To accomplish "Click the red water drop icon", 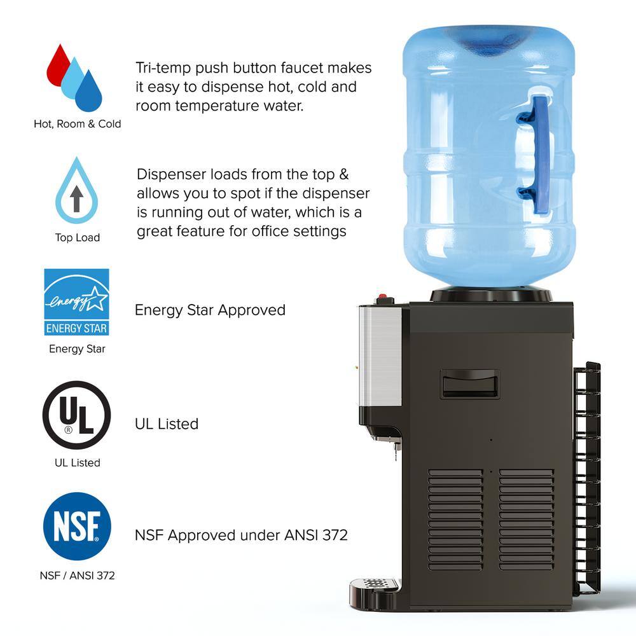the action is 58,67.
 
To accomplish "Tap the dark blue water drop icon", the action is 88,93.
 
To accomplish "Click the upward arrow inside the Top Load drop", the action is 77,198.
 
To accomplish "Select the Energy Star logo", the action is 77,301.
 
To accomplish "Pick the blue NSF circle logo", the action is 77,527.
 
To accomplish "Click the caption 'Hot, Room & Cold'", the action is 78,124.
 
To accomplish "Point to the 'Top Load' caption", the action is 78,237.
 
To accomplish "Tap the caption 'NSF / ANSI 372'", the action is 77,576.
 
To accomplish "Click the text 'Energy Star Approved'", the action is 210,310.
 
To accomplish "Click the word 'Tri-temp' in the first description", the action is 163,68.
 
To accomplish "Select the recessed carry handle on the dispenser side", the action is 470,384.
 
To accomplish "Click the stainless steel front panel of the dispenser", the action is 380,357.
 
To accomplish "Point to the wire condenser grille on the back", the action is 587,479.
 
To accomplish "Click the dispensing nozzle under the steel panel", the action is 396,449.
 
